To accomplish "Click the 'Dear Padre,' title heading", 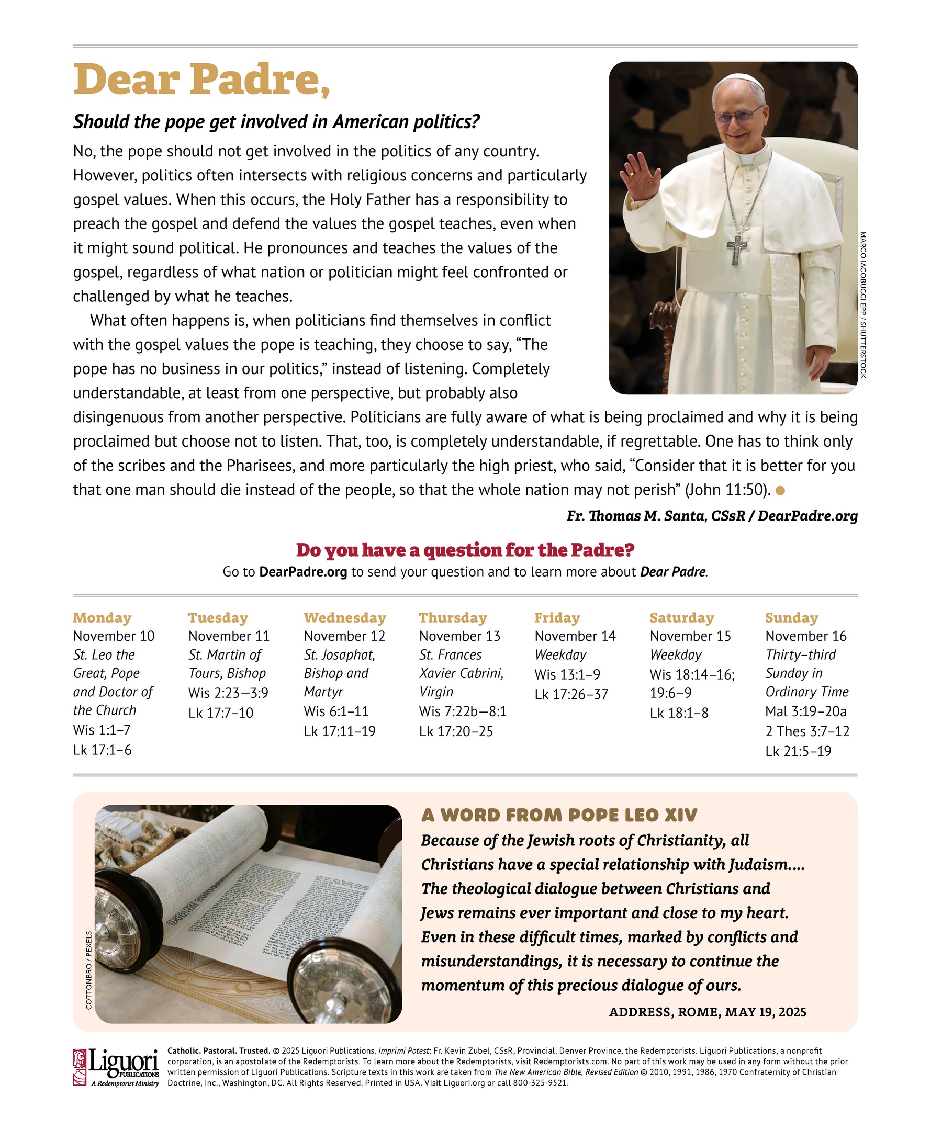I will click(201, 80).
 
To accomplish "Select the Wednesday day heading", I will click(345, 617).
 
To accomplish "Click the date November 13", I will click(459, 636).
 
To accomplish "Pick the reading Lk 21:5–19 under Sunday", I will click(798, 751).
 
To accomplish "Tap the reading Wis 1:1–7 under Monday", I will click(102, 730).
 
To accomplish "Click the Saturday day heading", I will click(681, 617).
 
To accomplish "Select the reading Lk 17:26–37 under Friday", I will click(571, 694).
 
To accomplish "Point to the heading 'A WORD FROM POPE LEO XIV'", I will click(559, 816).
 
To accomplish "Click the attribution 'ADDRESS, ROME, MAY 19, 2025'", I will click(708, 1012).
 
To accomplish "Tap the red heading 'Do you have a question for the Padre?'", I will click(465, 550).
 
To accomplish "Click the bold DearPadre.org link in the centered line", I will click(303, 572).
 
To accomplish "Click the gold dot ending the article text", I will click(780, 490).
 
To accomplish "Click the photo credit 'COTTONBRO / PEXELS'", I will click(89, 970).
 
